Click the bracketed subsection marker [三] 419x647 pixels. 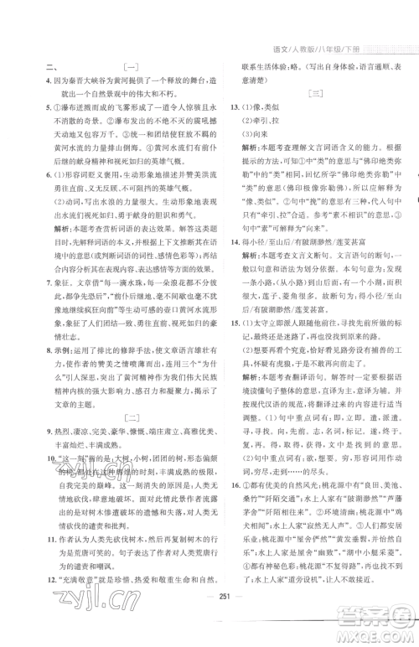tap(316, 96)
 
